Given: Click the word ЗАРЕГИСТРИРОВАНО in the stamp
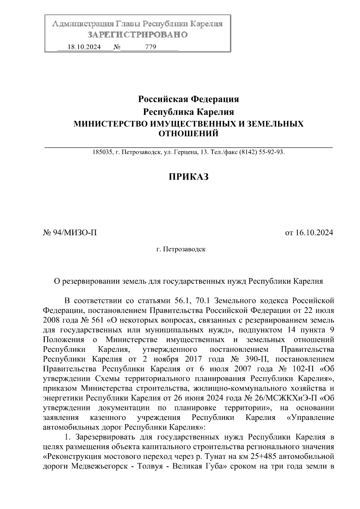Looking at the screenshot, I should [x=138, y=35].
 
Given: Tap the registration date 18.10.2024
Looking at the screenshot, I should [x=84, y=47].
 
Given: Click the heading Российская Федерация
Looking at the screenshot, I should [x=188, y=99].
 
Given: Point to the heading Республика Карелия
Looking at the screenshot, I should [x=188, y=112].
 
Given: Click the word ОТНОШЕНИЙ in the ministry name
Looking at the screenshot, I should [x=188, y=133].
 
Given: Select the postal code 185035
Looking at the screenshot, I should [x=102, y=152].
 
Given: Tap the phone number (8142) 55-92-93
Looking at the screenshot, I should [x=261, y=152].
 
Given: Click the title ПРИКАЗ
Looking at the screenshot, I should [x=188, y=177].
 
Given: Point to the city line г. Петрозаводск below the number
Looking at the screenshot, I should [x=181, y=249].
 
